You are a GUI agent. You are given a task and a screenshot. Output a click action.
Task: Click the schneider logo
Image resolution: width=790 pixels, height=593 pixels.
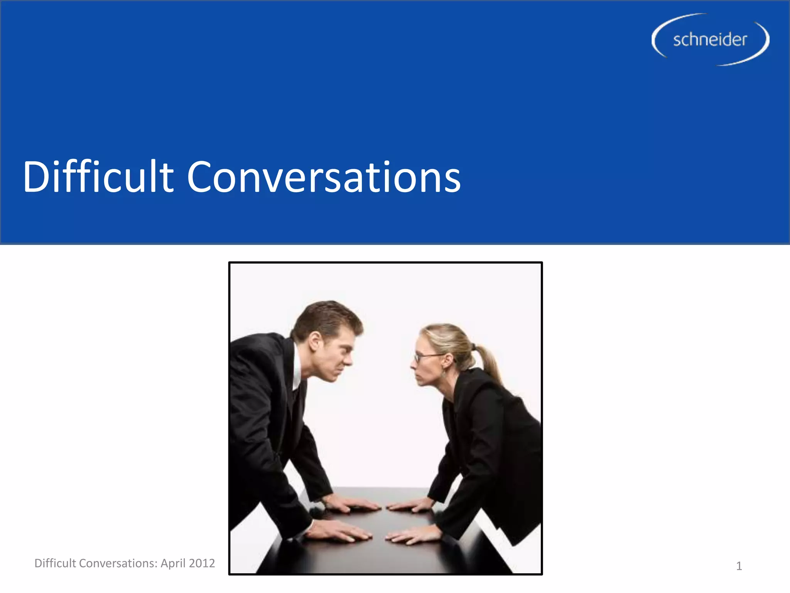(710, 39)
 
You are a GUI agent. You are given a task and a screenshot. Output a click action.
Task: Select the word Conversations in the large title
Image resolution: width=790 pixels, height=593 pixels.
(324, 177)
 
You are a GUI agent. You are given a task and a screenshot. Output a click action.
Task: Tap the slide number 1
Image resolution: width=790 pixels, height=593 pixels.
(739, 566)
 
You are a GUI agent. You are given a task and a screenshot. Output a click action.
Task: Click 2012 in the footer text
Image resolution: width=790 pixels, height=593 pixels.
(202, 563)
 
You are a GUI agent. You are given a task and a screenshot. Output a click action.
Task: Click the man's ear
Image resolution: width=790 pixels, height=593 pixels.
(315, 341)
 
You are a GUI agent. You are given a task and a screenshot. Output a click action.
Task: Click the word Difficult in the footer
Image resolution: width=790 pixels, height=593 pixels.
(55, 563)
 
